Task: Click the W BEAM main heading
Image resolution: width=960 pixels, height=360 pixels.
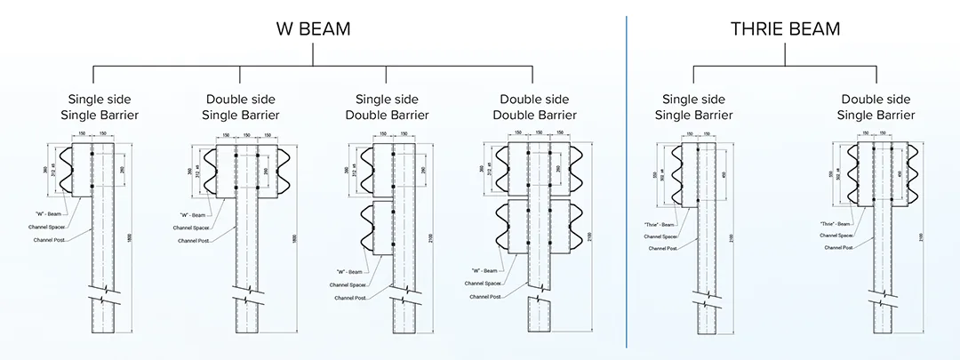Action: coord(312,29)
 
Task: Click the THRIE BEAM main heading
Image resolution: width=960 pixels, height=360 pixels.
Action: coord(785,29)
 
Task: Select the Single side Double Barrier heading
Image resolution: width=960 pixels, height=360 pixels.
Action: coord(392,107)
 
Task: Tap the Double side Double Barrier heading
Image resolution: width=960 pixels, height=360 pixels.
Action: coord(538,107)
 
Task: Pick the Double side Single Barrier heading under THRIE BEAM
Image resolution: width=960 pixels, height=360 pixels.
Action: coord(876,107)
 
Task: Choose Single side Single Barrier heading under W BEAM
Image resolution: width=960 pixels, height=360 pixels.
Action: coord(103,107)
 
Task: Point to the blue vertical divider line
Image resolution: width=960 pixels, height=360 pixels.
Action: coord(627,178)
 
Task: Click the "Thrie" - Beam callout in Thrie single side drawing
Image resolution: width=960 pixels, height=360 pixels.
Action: coord(660,224)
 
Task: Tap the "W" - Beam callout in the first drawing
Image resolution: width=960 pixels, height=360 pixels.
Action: coord(52,213)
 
